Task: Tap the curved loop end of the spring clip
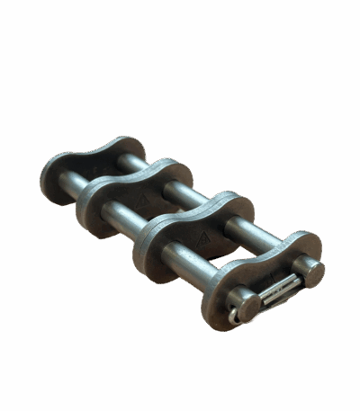tap(236, 314)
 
